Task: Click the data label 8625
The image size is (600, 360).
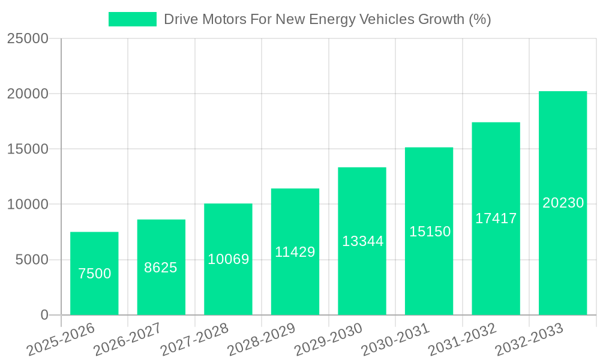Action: pos(161,268)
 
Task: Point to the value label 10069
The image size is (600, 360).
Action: pos(228,259)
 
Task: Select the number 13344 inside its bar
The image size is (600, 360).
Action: pos(362,241)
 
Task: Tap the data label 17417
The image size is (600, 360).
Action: pos(496,218)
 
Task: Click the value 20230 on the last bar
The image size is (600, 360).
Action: pos(563,203)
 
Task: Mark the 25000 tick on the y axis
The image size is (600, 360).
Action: pos(28,39)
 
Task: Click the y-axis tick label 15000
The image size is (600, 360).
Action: pos(28,149)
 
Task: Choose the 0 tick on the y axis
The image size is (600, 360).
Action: pos(44,315)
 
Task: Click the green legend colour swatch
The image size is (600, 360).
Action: pos(132,19)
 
